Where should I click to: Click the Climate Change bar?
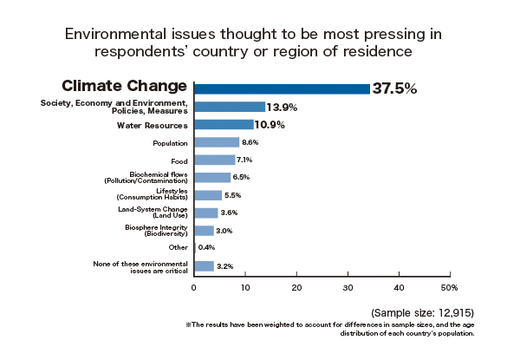pos(282,88)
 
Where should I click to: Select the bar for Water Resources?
pos(223,125)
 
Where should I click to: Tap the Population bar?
pos(217,142)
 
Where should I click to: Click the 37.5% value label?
pos(394,88)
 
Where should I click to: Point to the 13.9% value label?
pos(283,107)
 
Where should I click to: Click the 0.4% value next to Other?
pos(206,247)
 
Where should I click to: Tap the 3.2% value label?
pos(224,266)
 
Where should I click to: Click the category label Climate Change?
pos(125,86)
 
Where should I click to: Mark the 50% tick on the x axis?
pos(449,287)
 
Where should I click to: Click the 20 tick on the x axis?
pos(296,287)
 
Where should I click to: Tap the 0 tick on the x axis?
pos(194,287)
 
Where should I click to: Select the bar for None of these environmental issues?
pos(204,266)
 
